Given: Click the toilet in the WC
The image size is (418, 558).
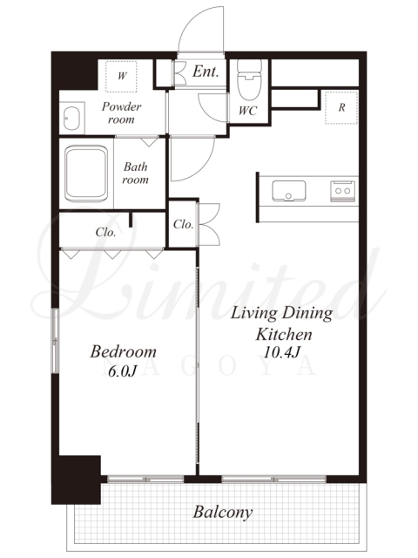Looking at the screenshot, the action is click(249, 79).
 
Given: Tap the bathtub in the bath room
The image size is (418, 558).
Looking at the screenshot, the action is click(86, 174).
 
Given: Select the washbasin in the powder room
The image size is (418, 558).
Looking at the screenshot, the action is click(71, 119).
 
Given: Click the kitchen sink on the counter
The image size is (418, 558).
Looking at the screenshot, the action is click(288, 191).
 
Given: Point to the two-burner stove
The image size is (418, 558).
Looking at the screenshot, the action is click(342, 191).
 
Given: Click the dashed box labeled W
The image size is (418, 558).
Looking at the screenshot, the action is click(121, 77).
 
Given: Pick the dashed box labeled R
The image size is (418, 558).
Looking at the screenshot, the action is click(341, 107).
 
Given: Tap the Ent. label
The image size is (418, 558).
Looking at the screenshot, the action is click(206, 71).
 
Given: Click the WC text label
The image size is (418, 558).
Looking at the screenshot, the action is click(247, 111).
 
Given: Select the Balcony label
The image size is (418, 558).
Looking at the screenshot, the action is click(223, 512).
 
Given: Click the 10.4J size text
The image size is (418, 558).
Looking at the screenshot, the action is click(282, 352).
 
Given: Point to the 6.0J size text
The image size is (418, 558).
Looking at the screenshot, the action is click(122, 371).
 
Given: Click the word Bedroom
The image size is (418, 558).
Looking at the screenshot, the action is click(123, 351).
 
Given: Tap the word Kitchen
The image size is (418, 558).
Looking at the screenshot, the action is click(284, 335).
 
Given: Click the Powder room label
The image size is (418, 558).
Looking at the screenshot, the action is click(121, 112).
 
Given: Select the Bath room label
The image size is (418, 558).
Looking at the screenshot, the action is click(136, 173).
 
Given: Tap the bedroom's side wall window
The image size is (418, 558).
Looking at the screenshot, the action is click(55, 341).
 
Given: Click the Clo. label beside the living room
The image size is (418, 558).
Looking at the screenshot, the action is click(183, 224).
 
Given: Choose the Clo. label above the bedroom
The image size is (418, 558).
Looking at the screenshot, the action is click(105, 232).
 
